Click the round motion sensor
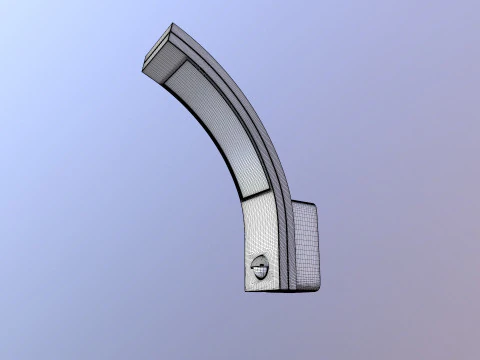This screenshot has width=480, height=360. [x=260, y=268]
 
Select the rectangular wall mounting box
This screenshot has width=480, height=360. [x=304, y=248]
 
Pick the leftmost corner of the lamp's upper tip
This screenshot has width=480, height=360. [x=143, y=66]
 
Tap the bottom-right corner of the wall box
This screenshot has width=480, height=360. [x=320, y=291]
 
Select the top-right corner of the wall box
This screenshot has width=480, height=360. [x=316, y=204]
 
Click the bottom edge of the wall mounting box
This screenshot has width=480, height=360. [x=305, y=292]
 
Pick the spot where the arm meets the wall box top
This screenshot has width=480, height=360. [x=291, y=202]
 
